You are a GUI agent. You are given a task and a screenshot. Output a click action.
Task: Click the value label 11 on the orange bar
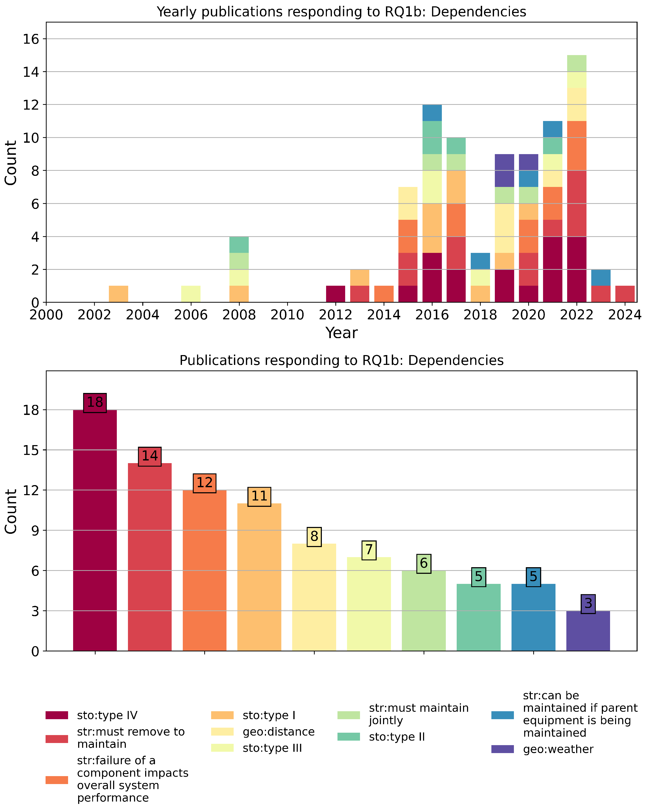click(x=259, y=496)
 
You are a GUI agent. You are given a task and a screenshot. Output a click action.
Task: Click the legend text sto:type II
click(x=397, y=737)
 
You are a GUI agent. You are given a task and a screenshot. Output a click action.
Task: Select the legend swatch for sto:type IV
click(x=57, y=715)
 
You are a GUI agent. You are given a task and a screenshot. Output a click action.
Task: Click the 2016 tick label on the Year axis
click(x=432, y=315)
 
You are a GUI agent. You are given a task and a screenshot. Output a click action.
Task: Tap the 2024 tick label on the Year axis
click(x=625, y=315)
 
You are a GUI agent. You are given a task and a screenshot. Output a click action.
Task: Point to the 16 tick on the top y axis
click(x=31, y=39)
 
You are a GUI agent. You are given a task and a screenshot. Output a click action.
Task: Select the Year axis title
click(x=341, y=333)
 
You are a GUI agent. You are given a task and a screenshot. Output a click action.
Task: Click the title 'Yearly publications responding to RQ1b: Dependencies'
click(x=341, y=12)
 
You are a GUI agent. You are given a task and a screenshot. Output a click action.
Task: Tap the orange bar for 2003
click(x=118, y=294)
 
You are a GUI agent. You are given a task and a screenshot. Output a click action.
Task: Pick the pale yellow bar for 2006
click(x=190, y=294)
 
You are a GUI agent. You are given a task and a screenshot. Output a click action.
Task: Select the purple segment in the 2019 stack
click(x=504, y=171)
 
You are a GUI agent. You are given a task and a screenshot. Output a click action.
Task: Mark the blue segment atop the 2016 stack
click(x=432, y=113)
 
